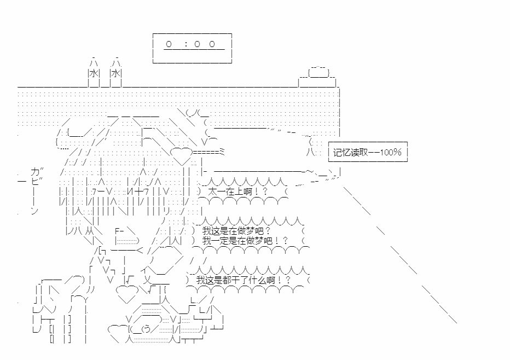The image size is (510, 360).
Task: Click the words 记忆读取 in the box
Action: [349, 152]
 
